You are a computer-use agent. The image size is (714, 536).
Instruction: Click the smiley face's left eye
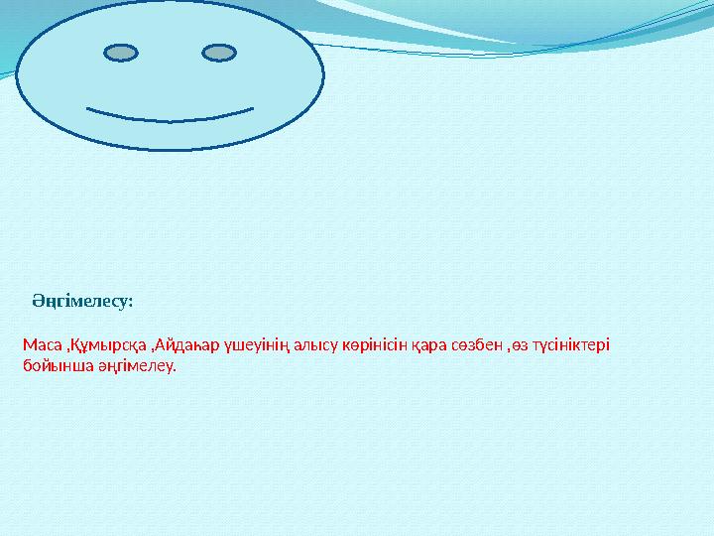point(121,52)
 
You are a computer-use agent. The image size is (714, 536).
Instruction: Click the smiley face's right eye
point(218,52)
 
